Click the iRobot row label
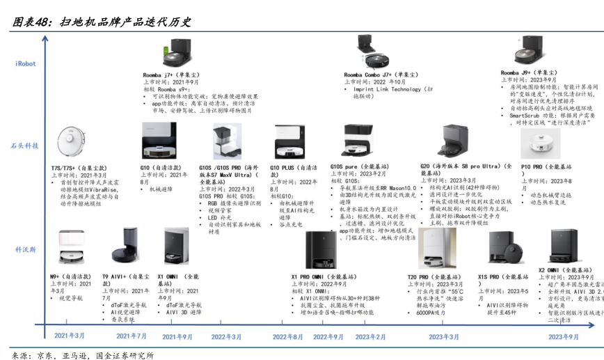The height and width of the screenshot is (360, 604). coord(25,63)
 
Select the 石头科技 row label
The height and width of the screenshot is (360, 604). coord(25,146)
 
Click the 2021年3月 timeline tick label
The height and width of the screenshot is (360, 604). coord(70,336)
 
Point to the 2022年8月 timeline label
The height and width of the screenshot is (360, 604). coord(287,336)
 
